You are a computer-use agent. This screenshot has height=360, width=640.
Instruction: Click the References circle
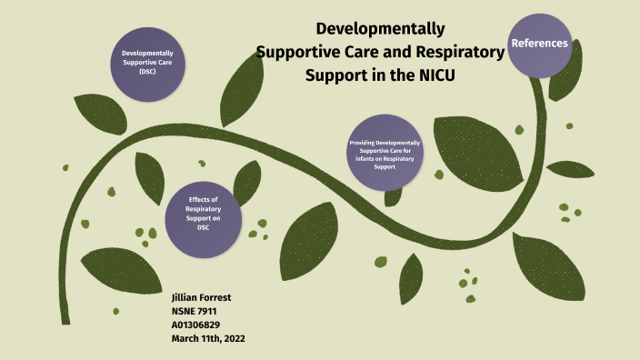click(x=540, y=44)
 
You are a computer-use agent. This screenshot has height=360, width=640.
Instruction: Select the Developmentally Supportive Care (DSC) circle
click(x=147, y=60)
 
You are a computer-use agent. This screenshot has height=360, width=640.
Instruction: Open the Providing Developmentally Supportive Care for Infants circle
click(x=386, y=152)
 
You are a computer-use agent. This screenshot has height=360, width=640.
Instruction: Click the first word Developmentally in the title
click(x=380, y=29)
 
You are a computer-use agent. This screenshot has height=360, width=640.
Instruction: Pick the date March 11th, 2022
click(x=208, y=337)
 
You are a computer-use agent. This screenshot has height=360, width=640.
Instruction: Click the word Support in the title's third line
click(x=337, y=74)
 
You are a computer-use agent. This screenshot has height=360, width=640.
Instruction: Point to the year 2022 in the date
click(x=232, y=337)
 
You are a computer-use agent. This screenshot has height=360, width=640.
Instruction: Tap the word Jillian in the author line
click(x=185, y=296)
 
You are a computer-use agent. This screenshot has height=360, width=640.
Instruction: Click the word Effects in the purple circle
click(x=204, y=199)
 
